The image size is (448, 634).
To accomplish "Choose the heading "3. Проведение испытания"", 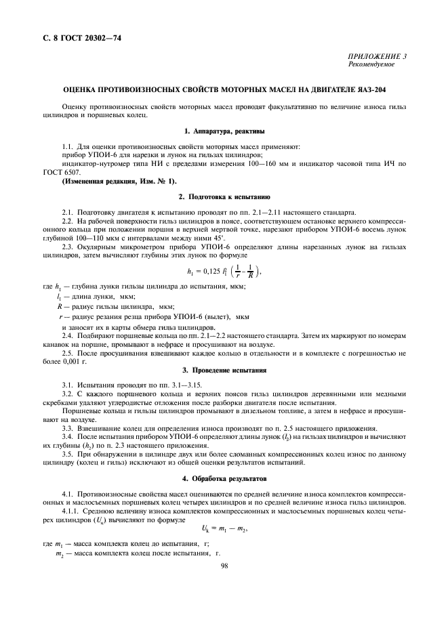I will (x=224, y=371).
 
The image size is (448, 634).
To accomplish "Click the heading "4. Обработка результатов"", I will (x=224, y=478).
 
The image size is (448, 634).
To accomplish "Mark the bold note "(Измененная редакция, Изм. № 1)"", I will (x=119, y=180).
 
